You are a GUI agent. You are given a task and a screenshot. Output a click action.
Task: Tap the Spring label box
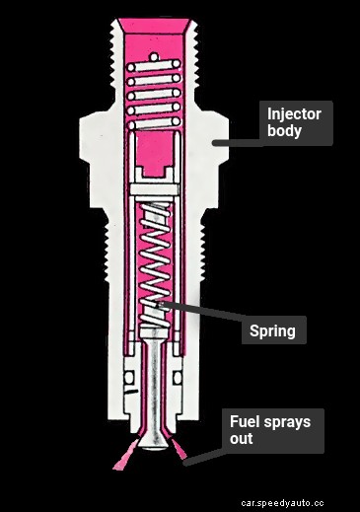tap(271, 330)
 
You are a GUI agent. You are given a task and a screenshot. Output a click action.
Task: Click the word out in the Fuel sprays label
tap(241, 439)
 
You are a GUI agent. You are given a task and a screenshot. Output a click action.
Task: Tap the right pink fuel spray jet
tap(182, 453)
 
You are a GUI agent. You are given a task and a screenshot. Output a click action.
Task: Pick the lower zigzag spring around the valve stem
tap(155, 261)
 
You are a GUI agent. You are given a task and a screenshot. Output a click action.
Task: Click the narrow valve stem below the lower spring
tap(156, 385)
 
